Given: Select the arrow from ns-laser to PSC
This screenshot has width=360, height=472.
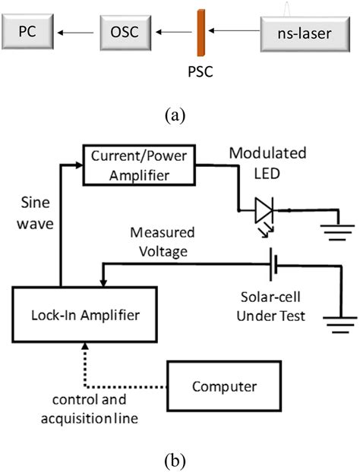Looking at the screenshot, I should click(235, 32).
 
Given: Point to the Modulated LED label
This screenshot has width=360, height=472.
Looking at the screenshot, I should click(274, 162).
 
